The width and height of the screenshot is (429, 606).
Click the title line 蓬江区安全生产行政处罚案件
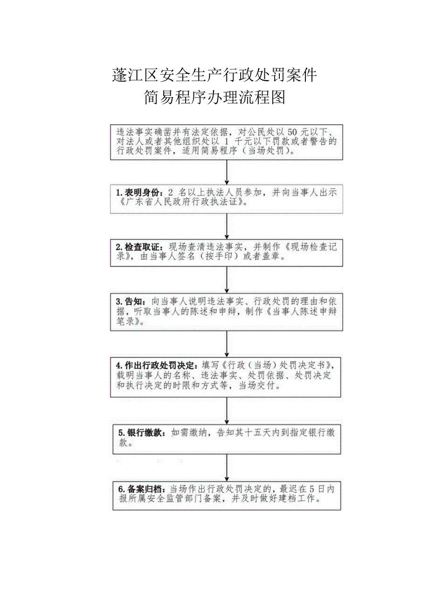tap(214, 75)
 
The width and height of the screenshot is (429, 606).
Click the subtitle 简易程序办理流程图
tap(214, 97)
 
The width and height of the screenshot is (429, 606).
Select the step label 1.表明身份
tap(139, 192)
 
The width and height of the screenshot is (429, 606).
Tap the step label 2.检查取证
tap(139, 247)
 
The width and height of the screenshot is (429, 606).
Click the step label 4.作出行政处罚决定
tap(156, 364)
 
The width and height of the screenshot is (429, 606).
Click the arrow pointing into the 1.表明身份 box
tap(227, 173)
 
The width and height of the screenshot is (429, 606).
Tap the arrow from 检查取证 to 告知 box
tap(227, 279)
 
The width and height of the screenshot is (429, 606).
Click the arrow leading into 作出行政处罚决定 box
tap(227, 344)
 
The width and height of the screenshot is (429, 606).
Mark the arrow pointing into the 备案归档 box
tap(227, 468)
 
